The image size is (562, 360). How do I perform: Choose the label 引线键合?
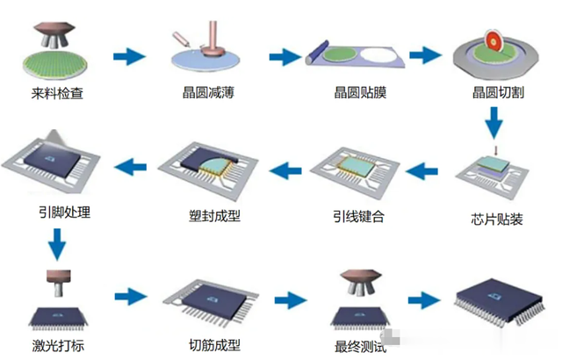[x=357, y=216]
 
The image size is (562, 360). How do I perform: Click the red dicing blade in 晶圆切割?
[x=494, y=42]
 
